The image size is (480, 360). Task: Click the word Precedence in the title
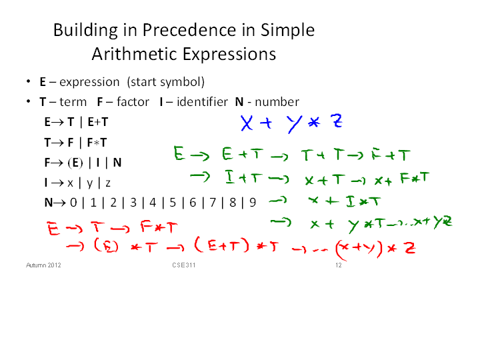(x=189, y=30)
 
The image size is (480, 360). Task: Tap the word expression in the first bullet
(x=89, y=83)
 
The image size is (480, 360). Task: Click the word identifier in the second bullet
(x=203, y=101)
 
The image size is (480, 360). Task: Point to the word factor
(x=133, y=101)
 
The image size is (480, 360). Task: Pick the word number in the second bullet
(x=277, y=102)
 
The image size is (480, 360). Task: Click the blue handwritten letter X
(x=247, y=123)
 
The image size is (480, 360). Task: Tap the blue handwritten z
(x=337, y=121)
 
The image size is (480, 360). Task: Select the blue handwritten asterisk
(x=314, y=123)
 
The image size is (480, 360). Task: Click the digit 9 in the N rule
(x=253, y=203)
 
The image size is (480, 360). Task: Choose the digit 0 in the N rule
(x=73, y=203)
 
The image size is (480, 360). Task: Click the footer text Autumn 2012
(x=43, y=265)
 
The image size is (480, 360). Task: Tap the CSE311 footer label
(x=184, y=265)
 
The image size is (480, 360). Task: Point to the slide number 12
(x=338, y=265)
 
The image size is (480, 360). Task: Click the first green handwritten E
(x=179, y=153)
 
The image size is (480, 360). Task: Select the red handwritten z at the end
(x=410, y=247)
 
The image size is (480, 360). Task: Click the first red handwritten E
(x=53, y=229)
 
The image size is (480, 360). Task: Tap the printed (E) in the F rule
(x=75, y=163)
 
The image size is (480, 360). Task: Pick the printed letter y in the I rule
(x=89, y=183)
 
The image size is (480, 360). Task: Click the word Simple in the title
(x=287, y=30)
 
